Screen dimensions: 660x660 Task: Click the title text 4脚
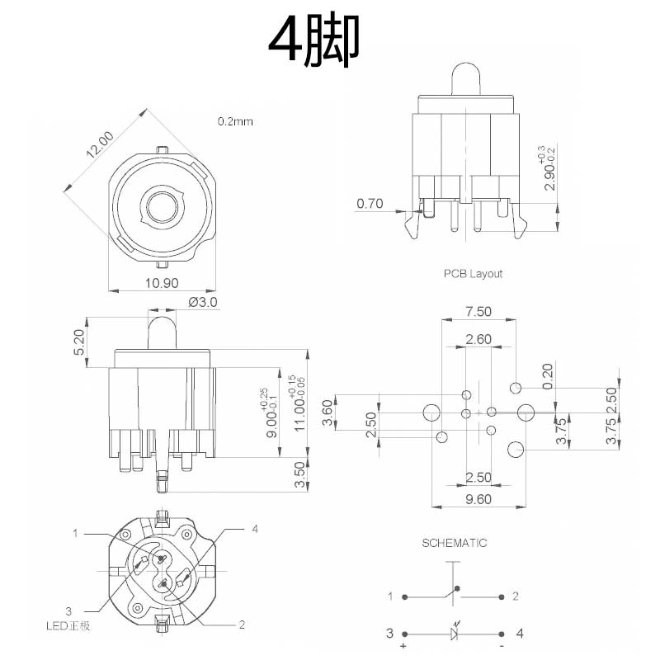tap(314, 44)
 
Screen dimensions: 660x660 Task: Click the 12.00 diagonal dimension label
tap(98, 144)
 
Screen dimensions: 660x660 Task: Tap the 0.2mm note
tap(235, 121)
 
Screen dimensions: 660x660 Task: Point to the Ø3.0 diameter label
tap(203, 302)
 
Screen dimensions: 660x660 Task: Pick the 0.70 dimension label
tap(371, 204)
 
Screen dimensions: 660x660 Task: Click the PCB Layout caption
tap(473, 273)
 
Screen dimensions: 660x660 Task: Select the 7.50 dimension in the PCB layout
tap(478, 311)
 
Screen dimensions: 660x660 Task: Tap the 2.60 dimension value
tap(478, 339)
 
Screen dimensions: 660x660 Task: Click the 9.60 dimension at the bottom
tap(478, 498)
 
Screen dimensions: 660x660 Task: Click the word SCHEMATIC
tap(455, 543)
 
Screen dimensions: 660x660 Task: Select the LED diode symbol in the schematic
tap(455, 634)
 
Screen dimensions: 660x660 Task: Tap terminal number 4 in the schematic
tap(519, 634)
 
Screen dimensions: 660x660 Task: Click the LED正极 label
tap(68, 626)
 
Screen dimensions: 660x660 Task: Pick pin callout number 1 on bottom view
tap(75, 534)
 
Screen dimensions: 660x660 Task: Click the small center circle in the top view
tap(163, 205)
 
